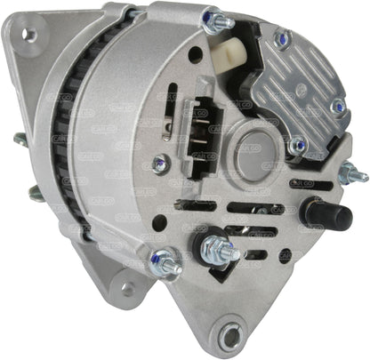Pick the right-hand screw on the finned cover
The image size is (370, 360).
[338, 107]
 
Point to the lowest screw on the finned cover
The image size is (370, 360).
[298, 146]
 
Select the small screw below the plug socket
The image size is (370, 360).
[160, 163]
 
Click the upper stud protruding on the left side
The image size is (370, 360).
[20, 139]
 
